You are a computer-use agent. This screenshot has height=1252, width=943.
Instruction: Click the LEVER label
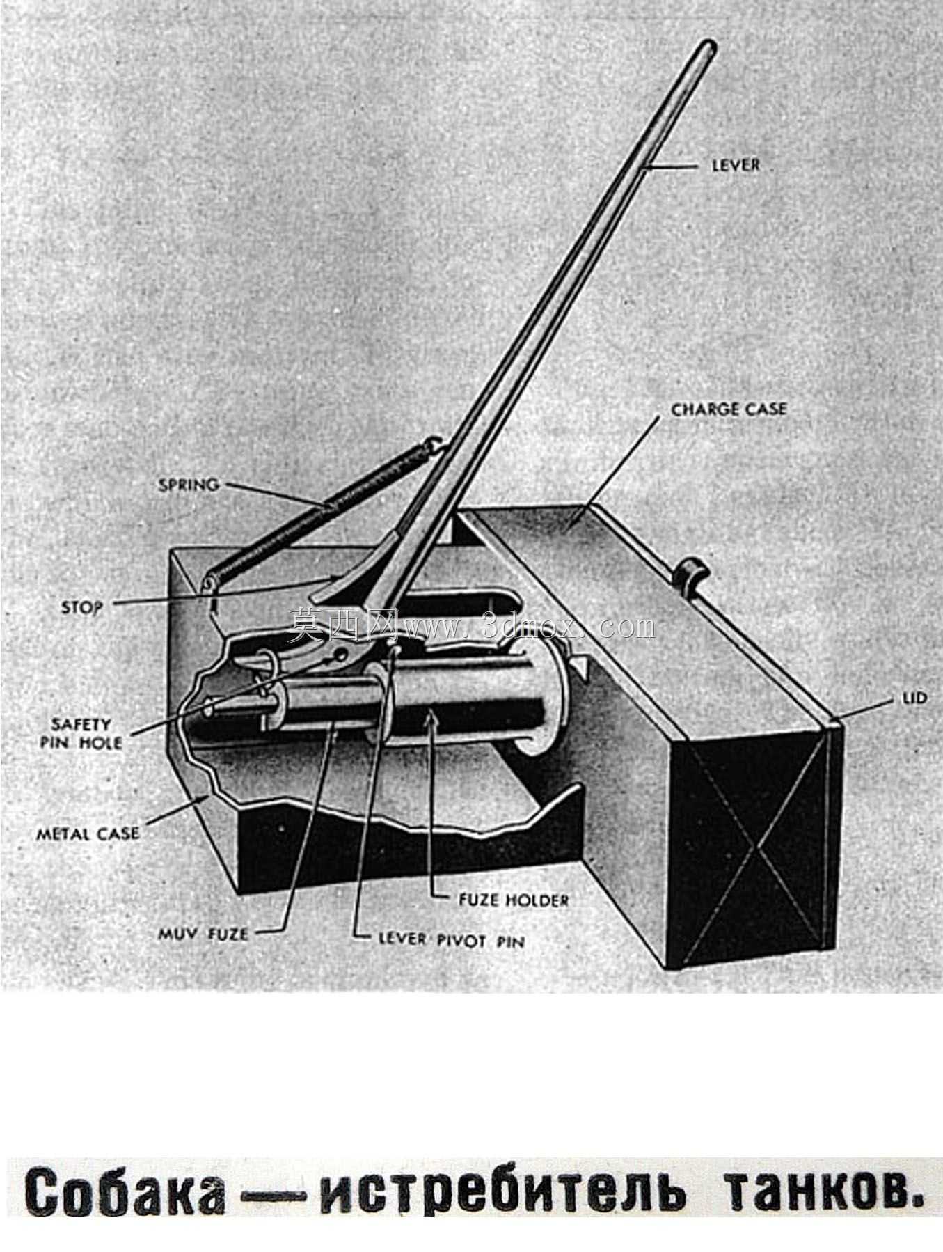(x=736, y=165)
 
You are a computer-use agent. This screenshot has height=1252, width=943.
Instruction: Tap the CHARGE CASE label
(x=729, y=409)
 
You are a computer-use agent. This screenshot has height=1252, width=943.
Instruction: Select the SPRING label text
(x=189, y=485)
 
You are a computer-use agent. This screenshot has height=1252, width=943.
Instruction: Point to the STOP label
(x=82, y=607)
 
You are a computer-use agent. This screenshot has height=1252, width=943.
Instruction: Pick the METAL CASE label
(x=88, y=833)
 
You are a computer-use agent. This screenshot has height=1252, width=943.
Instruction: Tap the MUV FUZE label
(x=203, y=934)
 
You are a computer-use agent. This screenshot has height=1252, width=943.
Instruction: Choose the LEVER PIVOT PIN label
(x=451, y=939)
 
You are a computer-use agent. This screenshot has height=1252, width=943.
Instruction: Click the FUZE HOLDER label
(x=514, y=900)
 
